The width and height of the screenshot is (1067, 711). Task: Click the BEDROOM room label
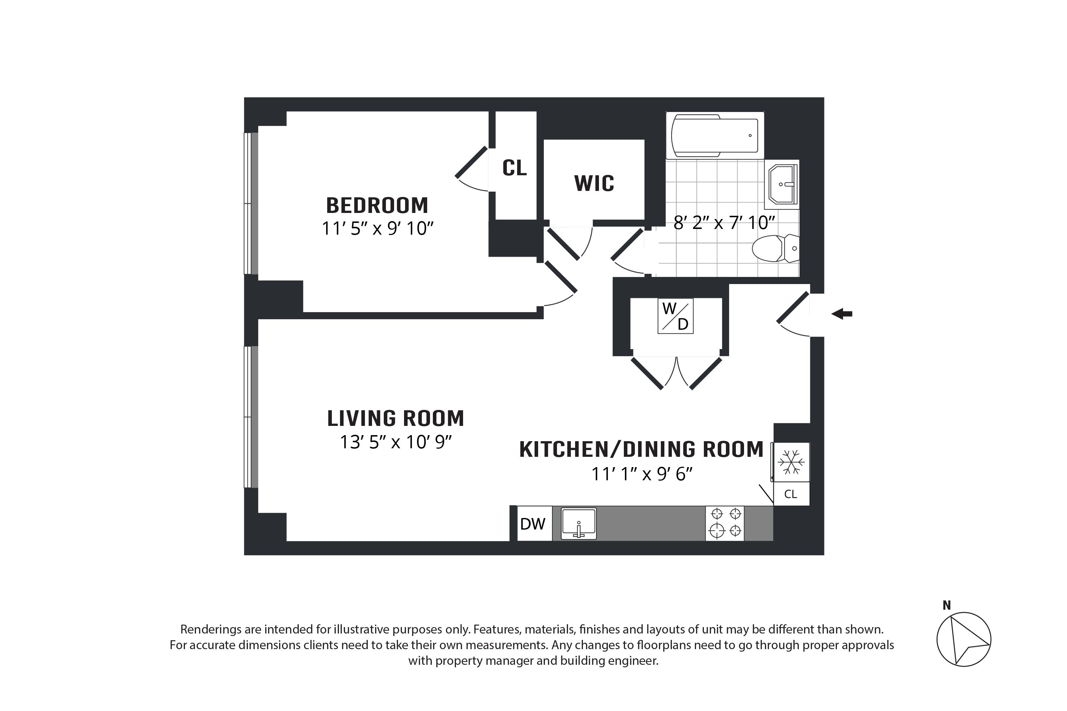coord(377,205)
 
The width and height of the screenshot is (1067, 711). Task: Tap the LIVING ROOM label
coord(396,418)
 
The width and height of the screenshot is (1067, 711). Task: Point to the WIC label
coord(594,184)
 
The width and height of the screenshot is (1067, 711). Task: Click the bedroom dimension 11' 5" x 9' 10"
coord(377,228)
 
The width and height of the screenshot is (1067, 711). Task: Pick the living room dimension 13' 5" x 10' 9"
coord(396,442)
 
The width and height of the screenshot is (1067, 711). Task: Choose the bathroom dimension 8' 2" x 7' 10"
coord(724,223)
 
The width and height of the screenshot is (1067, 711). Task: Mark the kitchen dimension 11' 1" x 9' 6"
coord(642,474)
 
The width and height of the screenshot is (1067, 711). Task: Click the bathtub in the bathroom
coord(715,135)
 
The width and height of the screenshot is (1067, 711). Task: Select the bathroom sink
coord(782,185)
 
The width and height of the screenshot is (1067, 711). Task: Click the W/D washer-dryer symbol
coord(675,316)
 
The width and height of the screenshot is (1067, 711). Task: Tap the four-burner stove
coord(725,523)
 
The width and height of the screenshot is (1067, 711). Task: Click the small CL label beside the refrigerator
coord(791,494)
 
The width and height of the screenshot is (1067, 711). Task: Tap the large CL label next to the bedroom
coord(514,168)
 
